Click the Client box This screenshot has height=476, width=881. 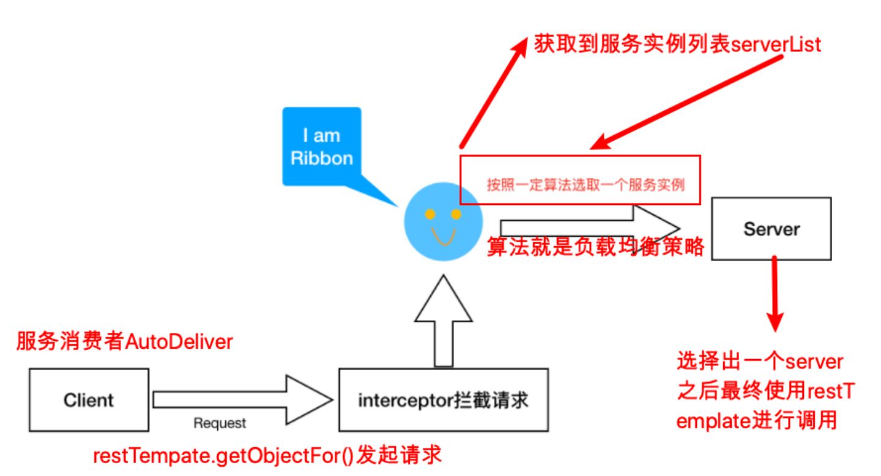pyautogui.click(x=89, y=400)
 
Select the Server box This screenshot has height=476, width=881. pyautogui.click(x=771, y=229)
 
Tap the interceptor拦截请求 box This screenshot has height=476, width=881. pyautogui.click(x=443, y=400)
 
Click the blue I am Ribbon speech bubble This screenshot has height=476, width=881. pyautogui.click(x=322, y=147)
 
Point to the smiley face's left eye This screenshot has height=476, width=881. pyautogui.click(x=430, y=214)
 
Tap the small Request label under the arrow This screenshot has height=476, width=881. pyautogui.click(x=220, y=423)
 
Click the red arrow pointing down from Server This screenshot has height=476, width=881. pyautogui.click(x=776, y=294)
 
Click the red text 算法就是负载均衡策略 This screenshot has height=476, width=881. pyautogui.click(x=595, y=247)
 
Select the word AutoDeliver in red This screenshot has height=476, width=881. pyautogui.click(x=179, y=341)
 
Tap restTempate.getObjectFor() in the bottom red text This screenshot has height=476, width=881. pyautogui.click(x=223, y=456)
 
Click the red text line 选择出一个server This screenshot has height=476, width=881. pyautogui.click(x=760, y=362)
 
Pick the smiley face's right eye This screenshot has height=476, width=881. pyautogui.click(x=456, y=214)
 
